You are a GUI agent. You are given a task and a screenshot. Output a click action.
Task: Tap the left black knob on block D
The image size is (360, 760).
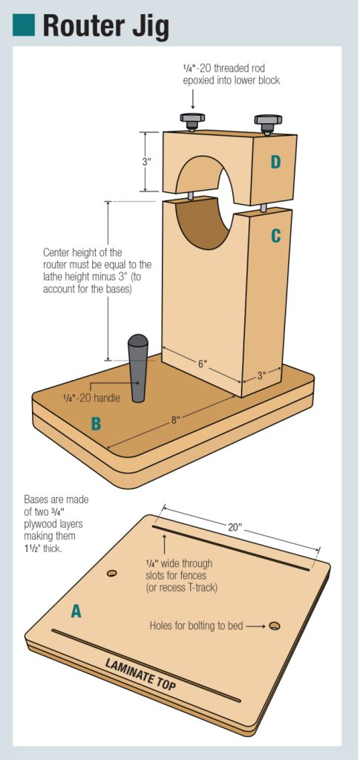(x=192, y=119)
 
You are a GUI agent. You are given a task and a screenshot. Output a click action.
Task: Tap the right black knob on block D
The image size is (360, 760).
(x=266, y=119)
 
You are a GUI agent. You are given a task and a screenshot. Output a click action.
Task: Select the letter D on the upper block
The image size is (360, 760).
(x=275, y=162)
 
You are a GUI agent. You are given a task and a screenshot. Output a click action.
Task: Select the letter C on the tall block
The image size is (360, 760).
(x=275, y=236)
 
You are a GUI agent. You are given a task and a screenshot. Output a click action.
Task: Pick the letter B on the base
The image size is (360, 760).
(x=96, y=424)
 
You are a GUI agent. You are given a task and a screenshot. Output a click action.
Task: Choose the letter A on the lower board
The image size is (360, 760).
(x=76, y=611)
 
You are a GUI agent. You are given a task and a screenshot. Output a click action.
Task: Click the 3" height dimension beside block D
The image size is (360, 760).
(x=148, y=162)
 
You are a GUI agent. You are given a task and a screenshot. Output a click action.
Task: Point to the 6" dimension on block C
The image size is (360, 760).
(x=202, y=364)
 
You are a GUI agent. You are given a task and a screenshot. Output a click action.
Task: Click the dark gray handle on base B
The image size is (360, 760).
(x=138, y=367)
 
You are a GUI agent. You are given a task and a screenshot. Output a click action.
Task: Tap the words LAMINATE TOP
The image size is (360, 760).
(x=140, y=674)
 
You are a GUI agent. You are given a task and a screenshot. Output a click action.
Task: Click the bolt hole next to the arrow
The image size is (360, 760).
(x=275, y=626)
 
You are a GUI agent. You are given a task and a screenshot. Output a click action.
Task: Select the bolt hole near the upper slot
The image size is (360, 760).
(x=112, y=573)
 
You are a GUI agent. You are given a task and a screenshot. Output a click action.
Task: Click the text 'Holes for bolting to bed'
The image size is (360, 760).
(x=196, y=626)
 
